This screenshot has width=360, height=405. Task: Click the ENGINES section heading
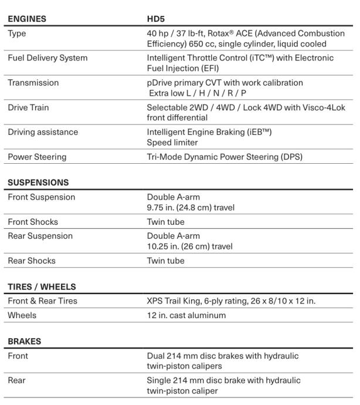point(27,19)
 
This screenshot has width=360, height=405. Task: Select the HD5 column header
point(157,19)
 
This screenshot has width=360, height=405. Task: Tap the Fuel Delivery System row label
point(47,58)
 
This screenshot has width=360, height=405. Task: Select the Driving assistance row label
point(43,132)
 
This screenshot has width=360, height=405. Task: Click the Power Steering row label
point(37,157)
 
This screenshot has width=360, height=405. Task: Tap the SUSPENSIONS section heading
point(38,183)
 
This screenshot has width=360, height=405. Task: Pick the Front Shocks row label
point(33,222)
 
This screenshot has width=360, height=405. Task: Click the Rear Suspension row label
point(40,236)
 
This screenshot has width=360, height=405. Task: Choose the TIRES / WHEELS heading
point(42,286)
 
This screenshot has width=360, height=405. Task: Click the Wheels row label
point(22,315)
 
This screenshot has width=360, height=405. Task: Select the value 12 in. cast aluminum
point(186,315)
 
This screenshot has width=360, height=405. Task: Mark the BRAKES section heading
point(24,341)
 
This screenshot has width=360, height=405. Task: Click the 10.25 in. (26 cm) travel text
point(189,247)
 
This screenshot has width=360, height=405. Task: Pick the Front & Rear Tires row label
point(43,301)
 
